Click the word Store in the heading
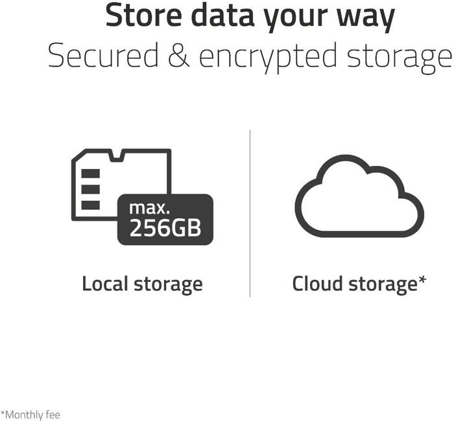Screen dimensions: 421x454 (x=146, y=16)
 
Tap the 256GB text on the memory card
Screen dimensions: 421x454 (x=165, y=228)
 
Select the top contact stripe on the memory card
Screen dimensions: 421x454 (x=90, y=174)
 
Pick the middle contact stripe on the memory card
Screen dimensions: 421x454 (x=90, y=189)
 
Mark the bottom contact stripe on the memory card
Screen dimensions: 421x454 (x=90, y=205)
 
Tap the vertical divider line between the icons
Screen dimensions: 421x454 (x=250, y=214)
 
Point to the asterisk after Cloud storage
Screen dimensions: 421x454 (x=422, y=280)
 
